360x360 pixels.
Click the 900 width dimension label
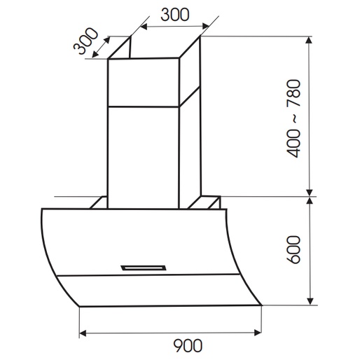click(188, 345)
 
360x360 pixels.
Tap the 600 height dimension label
click(293, 249)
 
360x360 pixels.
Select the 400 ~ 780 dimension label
click(293, 119)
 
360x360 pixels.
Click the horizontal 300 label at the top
click(175, 15)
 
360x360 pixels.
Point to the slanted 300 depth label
click(85, 41)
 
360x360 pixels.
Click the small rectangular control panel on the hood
click(144, 268)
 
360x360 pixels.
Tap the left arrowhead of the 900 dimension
click(83, 333)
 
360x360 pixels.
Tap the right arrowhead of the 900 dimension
click(258, 333)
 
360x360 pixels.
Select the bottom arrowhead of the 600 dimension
click(310, 301)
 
